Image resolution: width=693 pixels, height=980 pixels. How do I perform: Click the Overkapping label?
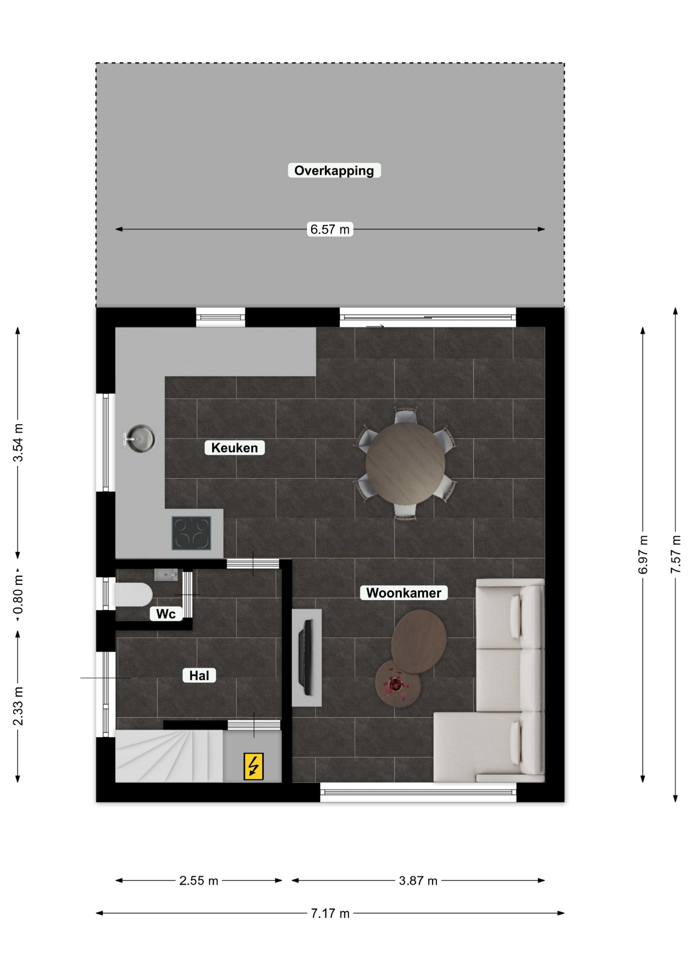334,170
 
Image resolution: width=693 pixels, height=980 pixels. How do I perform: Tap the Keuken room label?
235,448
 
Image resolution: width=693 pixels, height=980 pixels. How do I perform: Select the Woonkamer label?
404,593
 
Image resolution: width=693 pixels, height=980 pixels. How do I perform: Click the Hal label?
199,675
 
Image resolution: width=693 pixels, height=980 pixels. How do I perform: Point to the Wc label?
166,614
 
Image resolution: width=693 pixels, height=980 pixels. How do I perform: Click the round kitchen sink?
139,438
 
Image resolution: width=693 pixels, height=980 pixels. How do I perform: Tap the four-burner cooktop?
191,533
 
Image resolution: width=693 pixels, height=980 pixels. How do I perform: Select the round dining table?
405,463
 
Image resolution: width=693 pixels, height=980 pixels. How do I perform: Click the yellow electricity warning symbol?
254,766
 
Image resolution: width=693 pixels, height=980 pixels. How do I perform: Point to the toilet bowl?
134,595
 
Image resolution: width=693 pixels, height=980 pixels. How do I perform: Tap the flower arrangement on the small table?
395,684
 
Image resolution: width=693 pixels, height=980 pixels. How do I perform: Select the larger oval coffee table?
419,641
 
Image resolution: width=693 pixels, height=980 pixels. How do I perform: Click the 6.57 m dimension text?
330,229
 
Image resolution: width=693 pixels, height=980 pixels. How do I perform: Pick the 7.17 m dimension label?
330,913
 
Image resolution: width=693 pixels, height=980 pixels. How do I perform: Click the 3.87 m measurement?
418,880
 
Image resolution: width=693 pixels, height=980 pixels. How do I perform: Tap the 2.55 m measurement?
199,880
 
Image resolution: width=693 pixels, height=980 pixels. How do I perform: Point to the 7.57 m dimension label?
676,554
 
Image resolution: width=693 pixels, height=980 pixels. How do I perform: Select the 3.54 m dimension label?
18,443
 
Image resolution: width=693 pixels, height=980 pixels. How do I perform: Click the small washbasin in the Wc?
166,575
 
